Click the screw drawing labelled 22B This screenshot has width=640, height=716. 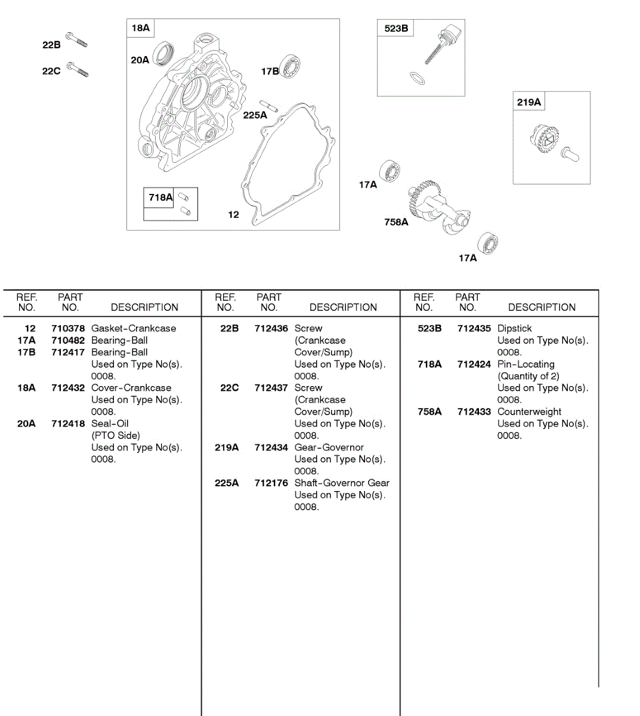click(x=76, y=39)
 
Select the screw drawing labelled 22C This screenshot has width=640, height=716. click(x=78, y=69)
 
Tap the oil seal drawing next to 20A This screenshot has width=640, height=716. click(x=163, y=54)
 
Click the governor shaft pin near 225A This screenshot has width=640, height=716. click(x=268, y=106)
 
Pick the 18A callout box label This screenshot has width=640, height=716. click(x=141, y=28)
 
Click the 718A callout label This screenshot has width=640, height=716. click(x=160, y=197)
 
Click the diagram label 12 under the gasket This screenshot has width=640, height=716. click(x=233, y=215)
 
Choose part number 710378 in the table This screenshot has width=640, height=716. click(x=68, y=329)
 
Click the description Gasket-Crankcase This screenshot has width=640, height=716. click(x=134, y=329)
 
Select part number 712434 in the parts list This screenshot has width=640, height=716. click(x=271, y=447)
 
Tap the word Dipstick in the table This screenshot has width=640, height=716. click(x=514, y=329)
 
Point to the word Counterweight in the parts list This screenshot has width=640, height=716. click(x=529, y=412)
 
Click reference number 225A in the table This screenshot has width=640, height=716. click(x=227, y=483)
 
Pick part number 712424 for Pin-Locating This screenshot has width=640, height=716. click(x=474, y=365)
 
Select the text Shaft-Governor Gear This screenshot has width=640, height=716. click(x=342, y=483)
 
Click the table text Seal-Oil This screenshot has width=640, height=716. click(x=110, y=424)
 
